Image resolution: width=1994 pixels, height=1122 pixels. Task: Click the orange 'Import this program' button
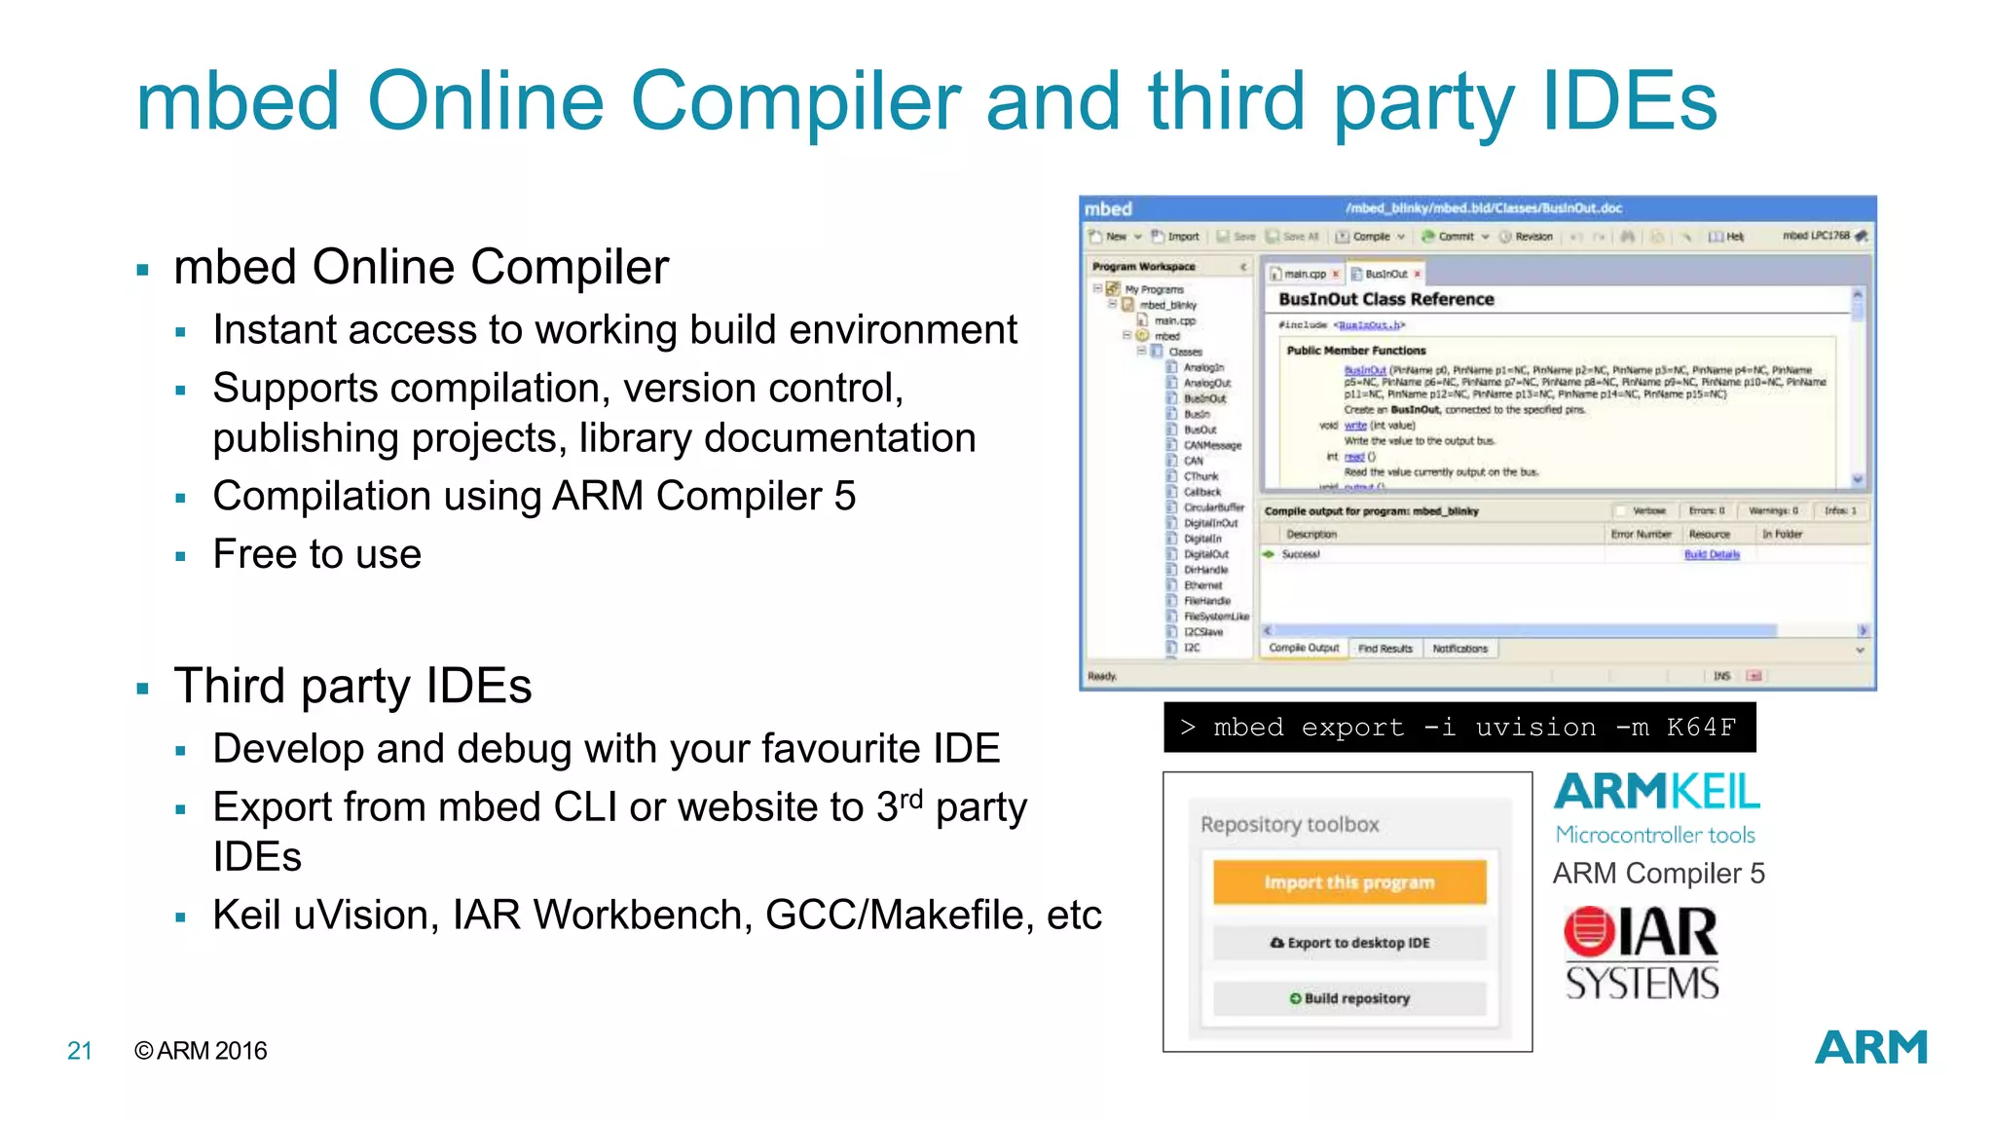click(1349, 882)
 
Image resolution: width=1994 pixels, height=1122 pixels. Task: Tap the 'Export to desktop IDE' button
click(1349, 943)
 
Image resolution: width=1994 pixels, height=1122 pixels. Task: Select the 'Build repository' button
click(1349, 998)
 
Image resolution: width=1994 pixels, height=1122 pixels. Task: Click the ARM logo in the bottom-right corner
click(1870, 1048)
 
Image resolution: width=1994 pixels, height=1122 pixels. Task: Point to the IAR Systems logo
click(1642, 954)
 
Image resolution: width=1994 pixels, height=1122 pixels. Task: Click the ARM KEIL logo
click(1656, 793)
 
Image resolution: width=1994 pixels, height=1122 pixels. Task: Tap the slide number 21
click(80, 1051)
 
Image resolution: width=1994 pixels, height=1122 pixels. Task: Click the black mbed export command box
click(1459, 728)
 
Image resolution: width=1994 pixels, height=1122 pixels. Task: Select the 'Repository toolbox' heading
click(1289, 825)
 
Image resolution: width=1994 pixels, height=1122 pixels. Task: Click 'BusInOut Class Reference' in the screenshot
click(1385, 300)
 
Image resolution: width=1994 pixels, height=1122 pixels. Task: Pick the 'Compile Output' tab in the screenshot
click(1304, 649)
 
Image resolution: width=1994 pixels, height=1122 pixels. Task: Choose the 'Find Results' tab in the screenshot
click(1385, 649)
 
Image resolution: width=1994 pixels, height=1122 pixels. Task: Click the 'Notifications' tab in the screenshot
click(1459, 649)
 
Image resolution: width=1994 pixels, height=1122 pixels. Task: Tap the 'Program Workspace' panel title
click(1143, 267)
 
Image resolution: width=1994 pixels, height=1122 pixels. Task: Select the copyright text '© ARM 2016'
click(201, 1051)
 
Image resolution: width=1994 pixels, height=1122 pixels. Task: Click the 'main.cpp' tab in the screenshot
click(1304, 275)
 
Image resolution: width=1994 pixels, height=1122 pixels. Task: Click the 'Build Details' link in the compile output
click(1712, 554)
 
